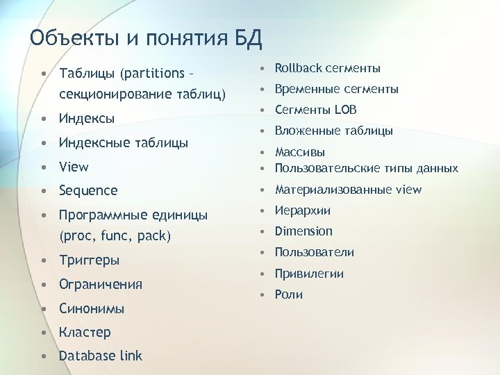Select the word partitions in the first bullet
coord(153,73)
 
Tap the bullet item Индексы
coord(87,118)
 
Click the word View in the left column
coord(74,167)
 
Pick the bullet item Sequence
coord(88,190)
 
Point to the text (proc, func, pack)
coord(115,235)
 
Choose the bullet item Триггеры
coord(90,260)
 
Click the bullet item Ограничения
coord(101,284)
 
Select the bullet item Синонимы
coord(92,308)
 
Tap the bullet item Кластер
coord(85,332)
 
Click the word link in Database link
coord(130,356)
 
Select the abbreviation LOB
coord(344,110)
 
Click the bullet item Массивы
coord(300,152)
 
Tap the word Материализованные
coord(333,190)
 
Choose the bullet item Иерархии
coord(303,210)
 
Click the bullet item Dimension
coord(303,231)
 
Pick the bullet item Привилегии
coord(309,274)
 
